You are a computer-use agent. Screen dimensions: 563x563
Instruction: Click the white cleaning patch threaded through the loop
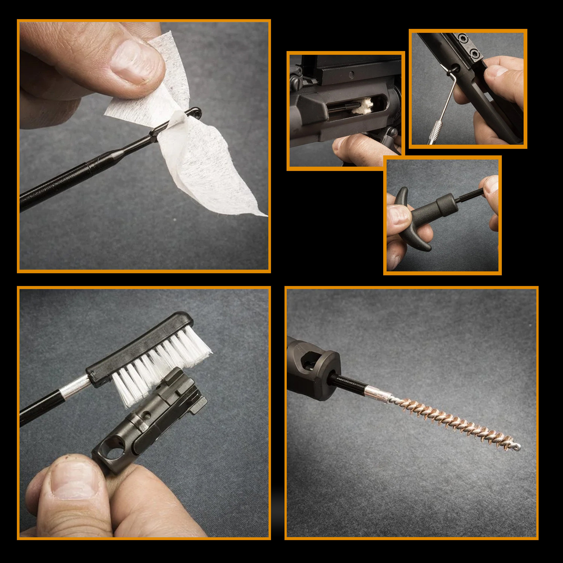click(x=198, y=157)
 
